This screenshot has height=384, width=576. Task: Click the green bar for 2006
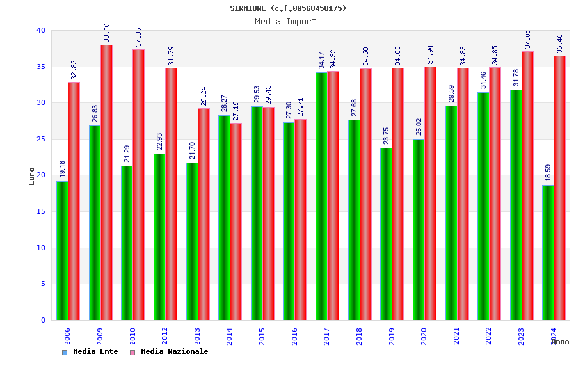[62, 250]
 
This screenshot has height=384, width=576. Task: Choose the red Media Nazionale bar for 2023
[527, 186]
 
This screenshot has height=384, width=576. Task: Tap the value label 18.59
[548, 173]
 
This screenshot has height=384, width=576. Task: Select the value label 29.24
[204, 96]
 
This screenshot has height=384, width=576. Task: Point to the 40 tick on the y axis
[41, 30]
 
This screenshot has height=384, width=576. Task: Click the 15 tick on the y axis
[41, 211]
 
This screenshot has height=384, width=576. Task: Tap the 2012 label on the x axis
[164, 336]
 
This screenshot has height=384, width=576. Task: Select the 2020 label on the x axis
[424, 336]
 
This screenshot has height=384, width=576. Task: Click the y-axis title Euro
[31, 176]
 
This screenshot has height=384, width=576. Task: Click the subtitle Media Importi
[288, 21]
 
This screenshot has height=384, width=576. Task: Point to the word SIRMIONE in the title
[248, 8]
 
